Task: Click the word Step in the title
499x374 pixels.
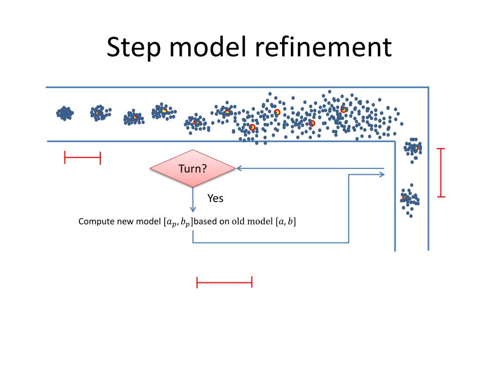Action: tap(134, 48)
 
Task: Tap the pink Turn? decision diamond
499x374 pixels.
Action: tap(192, 168)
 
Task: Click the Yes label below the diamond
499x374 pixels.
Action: tap(215, 199)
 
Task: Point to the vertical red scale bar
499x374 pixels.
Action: tap(441, 173)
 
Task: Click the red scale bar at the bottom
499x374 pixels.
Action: tap(224, 282)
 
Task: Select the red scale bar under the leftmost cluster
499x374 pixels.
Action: tap(82, 158)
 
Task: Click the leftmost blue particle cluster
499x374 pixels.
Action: tap(65, 113)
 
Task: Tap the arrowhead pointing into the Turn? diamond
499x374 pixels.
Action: tap(239, 168)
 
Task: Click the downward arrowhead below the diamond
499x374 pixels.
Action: tap(193, 209)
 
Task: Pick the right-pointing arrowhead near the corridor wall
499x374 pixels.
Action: tap(382, 174)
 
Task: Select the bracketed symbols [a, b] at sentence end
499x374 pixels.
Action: tap(286, 222)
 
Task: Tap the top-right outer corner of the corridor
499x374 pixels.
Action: tap(428, 87)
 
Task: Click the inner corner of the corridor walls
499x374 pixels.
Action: tap(395, 141)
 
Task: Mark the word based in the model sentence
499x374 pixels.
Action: tap(206, 222)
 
